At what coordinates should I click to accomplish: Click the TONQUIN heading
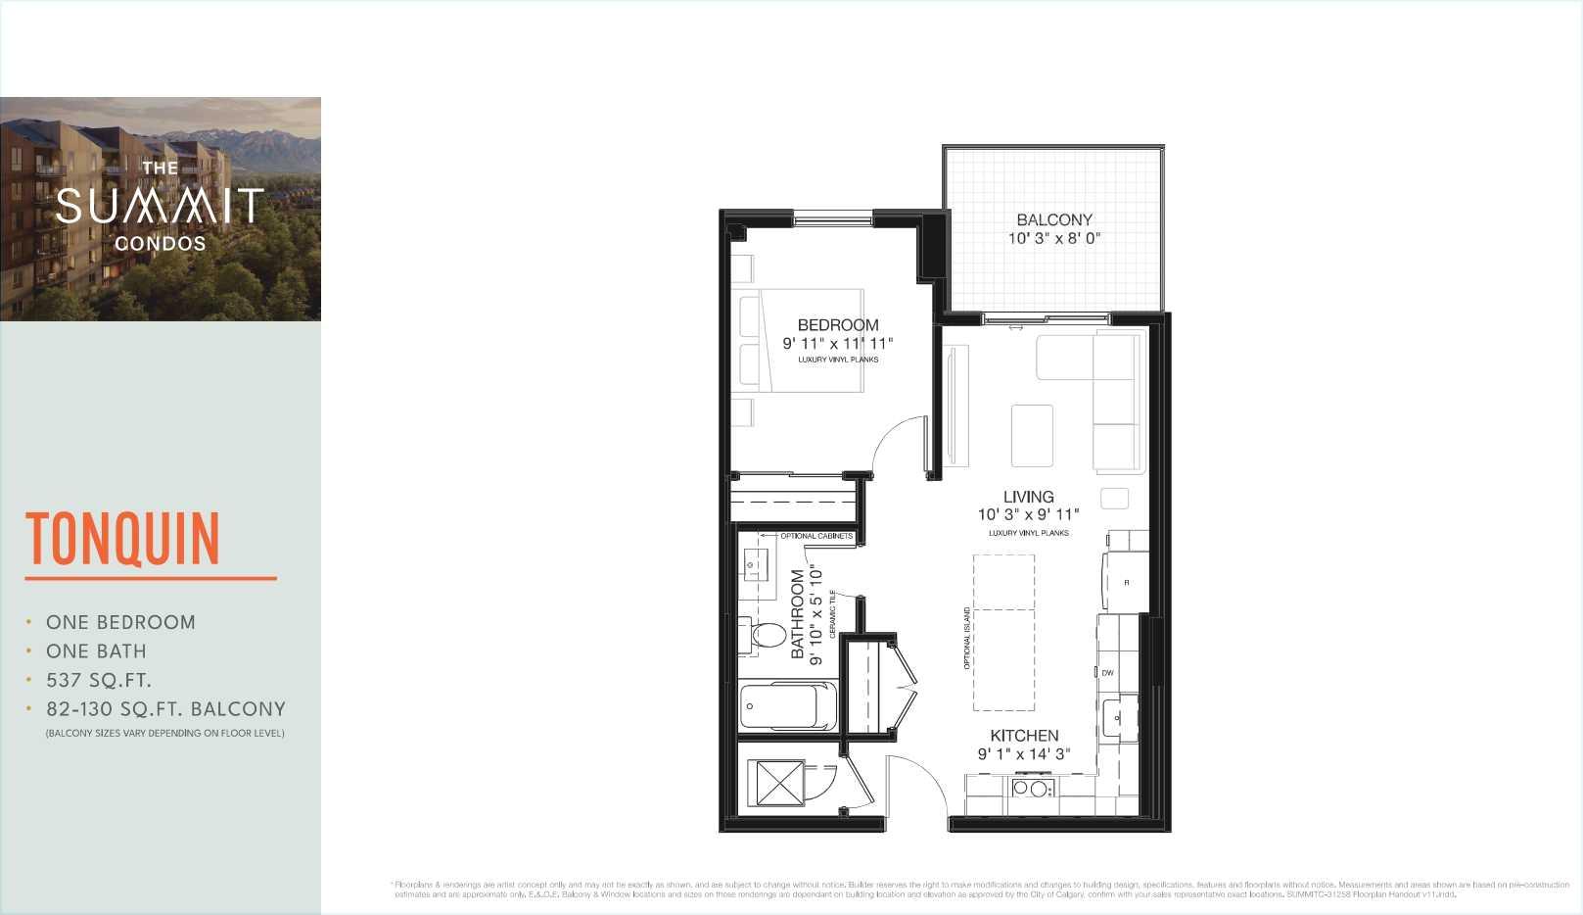[123, 539]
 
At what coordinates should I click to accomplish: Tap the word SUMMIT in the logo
[160, 206]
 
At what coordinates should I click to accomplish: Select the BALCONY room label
[1053, 219]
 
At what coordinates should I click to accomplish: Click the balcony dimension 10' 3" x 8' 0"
[1054, 238]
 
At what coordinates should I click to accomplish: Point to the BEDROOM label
[837, 324]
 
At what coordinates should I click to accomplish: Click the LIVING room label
[1028, 497]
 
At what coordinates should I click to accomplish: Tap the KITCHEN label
[1024, 735]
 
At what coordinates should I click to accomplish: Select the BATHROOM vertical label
[797, 614]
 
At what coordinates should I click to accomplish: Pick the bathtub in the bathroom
[788, 705]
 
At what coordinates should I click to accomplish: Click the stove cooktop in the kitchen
[1032, 787]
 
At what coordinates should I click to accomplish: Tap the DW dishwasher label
[1108, 673]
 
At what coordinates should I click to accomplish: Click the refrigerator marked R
[1125, 582]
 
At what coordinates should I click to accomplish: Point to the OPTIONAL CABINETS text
[816, 536]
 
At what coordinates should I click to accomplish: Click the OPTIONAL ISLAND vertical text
[967, 638]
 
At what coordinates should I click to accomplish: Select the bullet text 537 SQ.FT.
[99, 680]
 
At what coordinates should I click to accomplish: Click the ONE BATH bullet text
[96, 650]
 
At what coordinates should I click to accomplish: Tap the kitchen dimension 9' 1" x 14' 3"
[1024, 753]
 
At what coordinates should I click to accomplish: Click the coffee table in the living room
[1032, 435]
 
